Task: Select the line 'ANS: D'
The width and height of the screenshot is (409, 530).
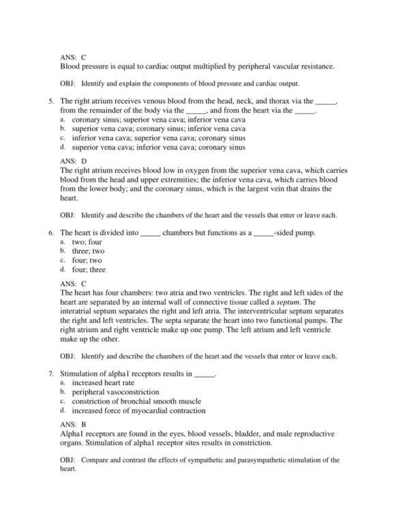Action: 74,162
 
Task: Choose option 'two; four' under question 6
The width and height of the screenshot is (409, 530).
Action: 89,242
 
